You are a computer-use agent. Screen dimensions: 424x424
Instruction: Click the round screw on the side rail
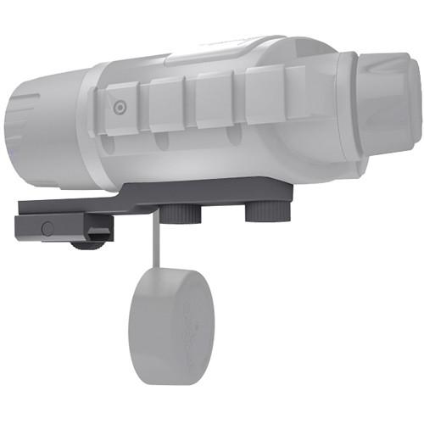coord(120,107)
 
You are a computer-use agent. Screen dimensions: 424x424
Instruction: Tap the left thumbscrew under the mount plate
coord(175,213)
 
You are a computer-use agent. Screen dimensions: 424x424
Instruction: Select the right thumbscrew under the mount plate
coord(268,210)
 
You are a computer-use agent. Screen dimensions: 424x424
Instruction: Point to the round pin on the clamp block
coord(47,228)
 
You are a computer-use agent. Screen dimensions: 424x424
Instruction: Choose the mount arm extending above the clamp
coord(76,208)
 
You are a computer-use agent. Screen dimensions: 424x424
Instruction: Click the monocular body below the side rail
coord(212,157)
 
